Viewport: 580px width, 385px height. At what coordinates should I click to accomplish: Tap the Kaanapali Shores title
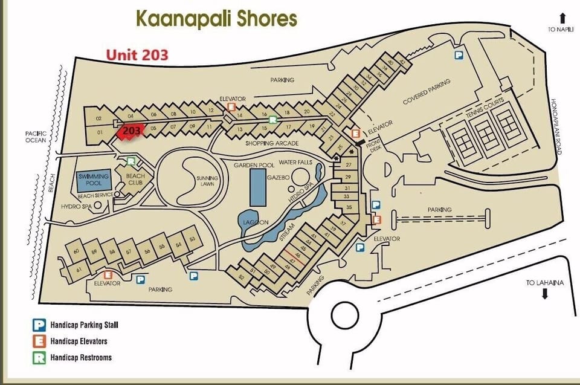(216, 18)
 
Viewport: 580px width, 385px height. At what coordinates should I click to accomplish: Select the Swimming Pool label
(93, 179)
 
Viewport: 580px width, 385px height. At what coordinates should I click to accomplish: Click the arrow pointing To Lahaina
(544, 294)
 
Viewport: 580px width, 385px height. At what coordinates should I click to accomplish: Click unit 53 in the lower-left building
(192, 239)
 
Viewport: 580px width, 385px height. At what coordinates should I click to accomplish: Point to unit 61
(79, 270)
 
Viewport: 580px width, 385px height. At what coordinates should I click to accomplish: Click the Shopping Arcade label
(272, 143)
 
